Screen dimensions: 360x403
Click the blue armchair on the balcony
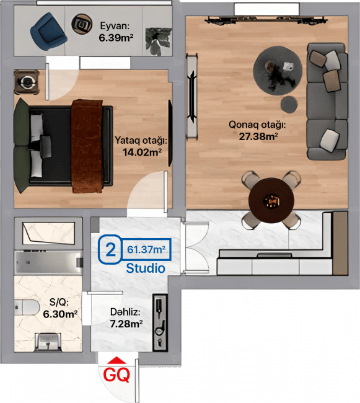tap(48, 32)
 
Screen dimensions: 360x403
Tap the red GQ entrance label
tap(116, 375)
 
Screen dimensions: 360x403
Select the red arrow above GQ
tap(117, 360)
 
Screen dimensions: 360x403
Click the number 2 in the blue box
tap(111, 250)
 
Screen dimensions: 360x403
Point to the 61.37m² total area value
tap(146, 249)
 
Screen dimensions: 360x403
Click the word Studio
tap(146, 268)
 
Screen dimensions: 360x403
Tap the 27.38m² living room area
tap(258, 136)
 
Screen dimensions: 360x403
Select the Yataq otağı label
tap(141, 141)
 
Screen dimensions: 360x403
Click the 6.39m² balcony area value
tap(116, 38)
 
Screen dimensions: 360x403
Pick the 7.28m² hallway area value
tap(126, 324)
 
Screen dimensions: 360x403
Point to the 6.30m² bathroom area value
tap(60, 314)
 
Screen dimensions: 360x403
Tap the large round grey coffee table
tap(278, 70)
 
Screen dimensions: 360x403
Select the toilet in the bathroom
tap(27, 308)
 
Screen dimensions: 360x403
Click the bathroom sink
tap(48, 342)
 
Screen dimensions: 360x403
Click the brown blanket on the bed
tap(87, 146)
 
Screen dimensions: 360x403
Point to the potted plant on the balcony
tap(158, 41)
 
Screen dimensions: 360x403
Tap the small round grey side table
tap(289, 104)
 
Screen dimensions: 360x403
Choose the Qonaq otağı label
tap(257, 125)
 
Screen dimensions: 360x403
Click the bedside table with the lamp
tap(27, 82)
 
